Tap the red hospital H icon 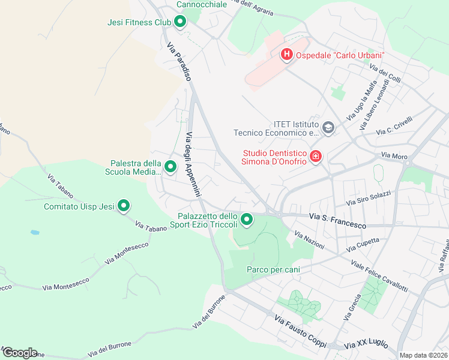tap(287, 55)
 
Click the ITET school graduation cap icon tap(328, 127)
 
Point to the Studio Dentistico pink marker tap(316, 157)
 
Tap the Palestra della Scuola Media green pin tap(170, 167)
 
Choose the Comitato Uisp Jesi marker tap(124, 206)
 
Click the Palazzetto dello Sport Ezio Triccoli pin tap(247, 220)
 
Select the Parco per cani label tap(273, 269)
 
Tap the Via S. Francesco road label tap(337, 220)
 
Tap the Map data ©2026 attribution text tap(423, 355)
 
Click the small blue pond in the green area tap(35, 232)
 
